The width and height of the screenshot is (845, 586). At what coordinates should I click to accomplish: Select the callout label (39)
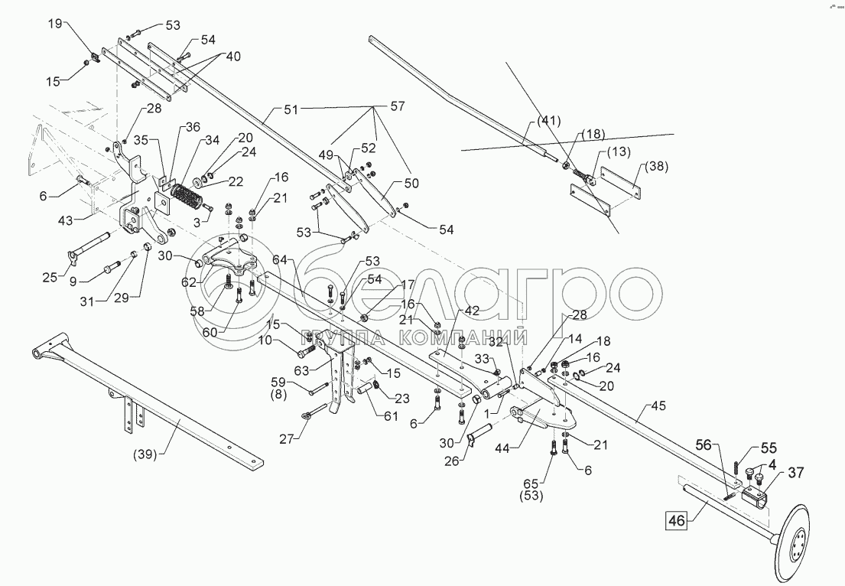145,454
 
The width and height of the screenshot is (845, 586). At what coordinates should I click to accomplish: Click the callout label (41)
548,119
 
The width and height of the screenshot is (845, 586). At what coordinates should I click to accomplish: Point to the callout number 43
66,221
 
